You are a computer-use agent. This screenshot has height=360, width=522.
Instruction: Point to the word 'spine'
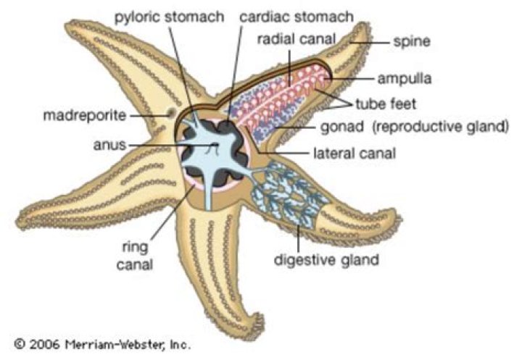click(413, 41)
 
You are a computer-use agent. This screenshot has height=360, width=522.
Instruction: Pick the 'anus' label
click(111, 144)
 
